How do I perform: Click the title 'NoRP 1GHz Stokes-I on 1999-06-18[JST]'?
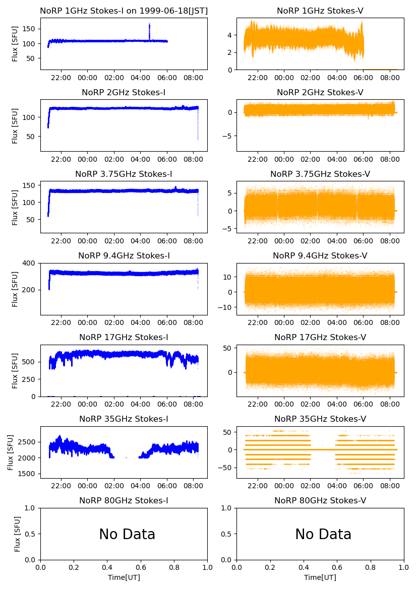click(x=124, y=11)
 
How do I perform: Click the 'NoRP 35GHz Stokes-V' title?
click(x=320, y=419)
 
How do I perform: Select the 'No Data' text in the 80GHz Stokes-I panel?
click(x=127, y=535)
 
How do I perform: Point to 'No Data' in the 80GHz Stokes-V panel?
click(x=323, y=535)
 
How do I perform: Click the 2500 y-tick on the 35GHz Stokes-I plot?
click(x=29, y=442)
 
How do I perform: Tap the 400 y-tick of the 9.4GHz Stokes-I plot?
click(x=31, y=264)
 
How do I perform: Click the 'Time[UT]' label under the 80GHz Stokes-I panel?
click(x=124, y=577)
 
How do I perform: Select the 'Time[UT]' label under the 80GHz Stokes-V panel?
click(x=320, y=577)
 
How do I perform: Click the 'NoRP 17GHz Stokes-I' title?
click(x=124, y=338)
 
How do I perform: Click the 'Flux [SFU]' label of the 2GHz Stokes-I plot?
click(x=15, y=125)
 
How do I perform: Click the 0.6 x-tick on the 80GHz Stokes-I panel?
click(x=141, y=568)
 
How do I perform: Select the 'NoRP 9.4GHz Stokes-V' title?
click(x=320, y=256)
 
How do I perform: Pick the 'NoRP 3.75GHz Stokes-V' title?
click(x=320, y=174)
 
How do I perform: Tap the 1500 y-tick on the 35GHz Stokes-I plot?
click(x=29, y=474)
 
